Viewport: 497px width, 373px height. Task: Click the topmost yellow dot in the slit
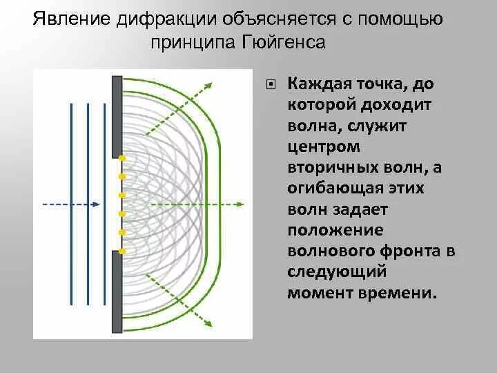(121, 160)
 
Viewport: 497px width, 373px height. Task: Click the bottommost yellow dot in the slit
(121, 250)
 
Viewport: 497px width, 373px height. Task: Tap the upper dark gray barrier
(115, 115)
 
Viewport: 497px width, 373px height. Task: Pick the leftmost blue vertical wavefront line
(72, 204)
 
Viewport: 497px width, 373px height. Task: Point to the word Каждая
(320, 84)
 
